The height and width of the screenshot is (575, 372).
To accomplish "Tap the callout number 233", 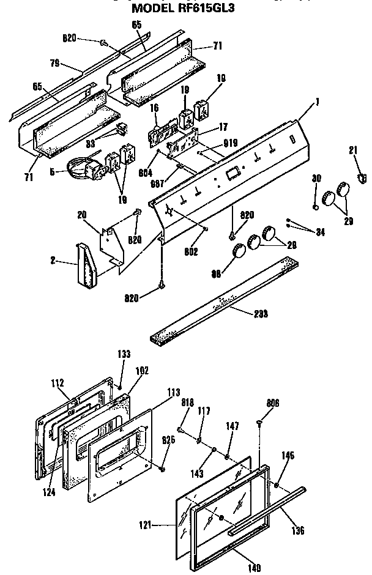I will (x=261, y=314).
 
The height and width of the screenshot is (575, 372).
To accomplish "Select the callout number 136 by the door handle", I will (x=298, y=530).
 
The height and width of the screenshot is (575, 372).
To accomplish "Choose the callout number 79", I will (x=54, y=63).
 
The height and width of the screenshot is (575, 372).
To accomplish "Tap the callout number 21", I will (x=352, y=150).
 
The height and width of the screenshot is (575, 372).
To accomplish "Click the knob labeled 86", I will (x=236, y=251).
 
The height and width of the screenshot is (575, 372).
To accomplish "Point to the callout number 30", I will (x=316, y=179).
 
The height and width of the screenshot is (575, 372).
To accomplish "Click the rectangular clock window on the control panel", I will (x=231, y=174).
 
